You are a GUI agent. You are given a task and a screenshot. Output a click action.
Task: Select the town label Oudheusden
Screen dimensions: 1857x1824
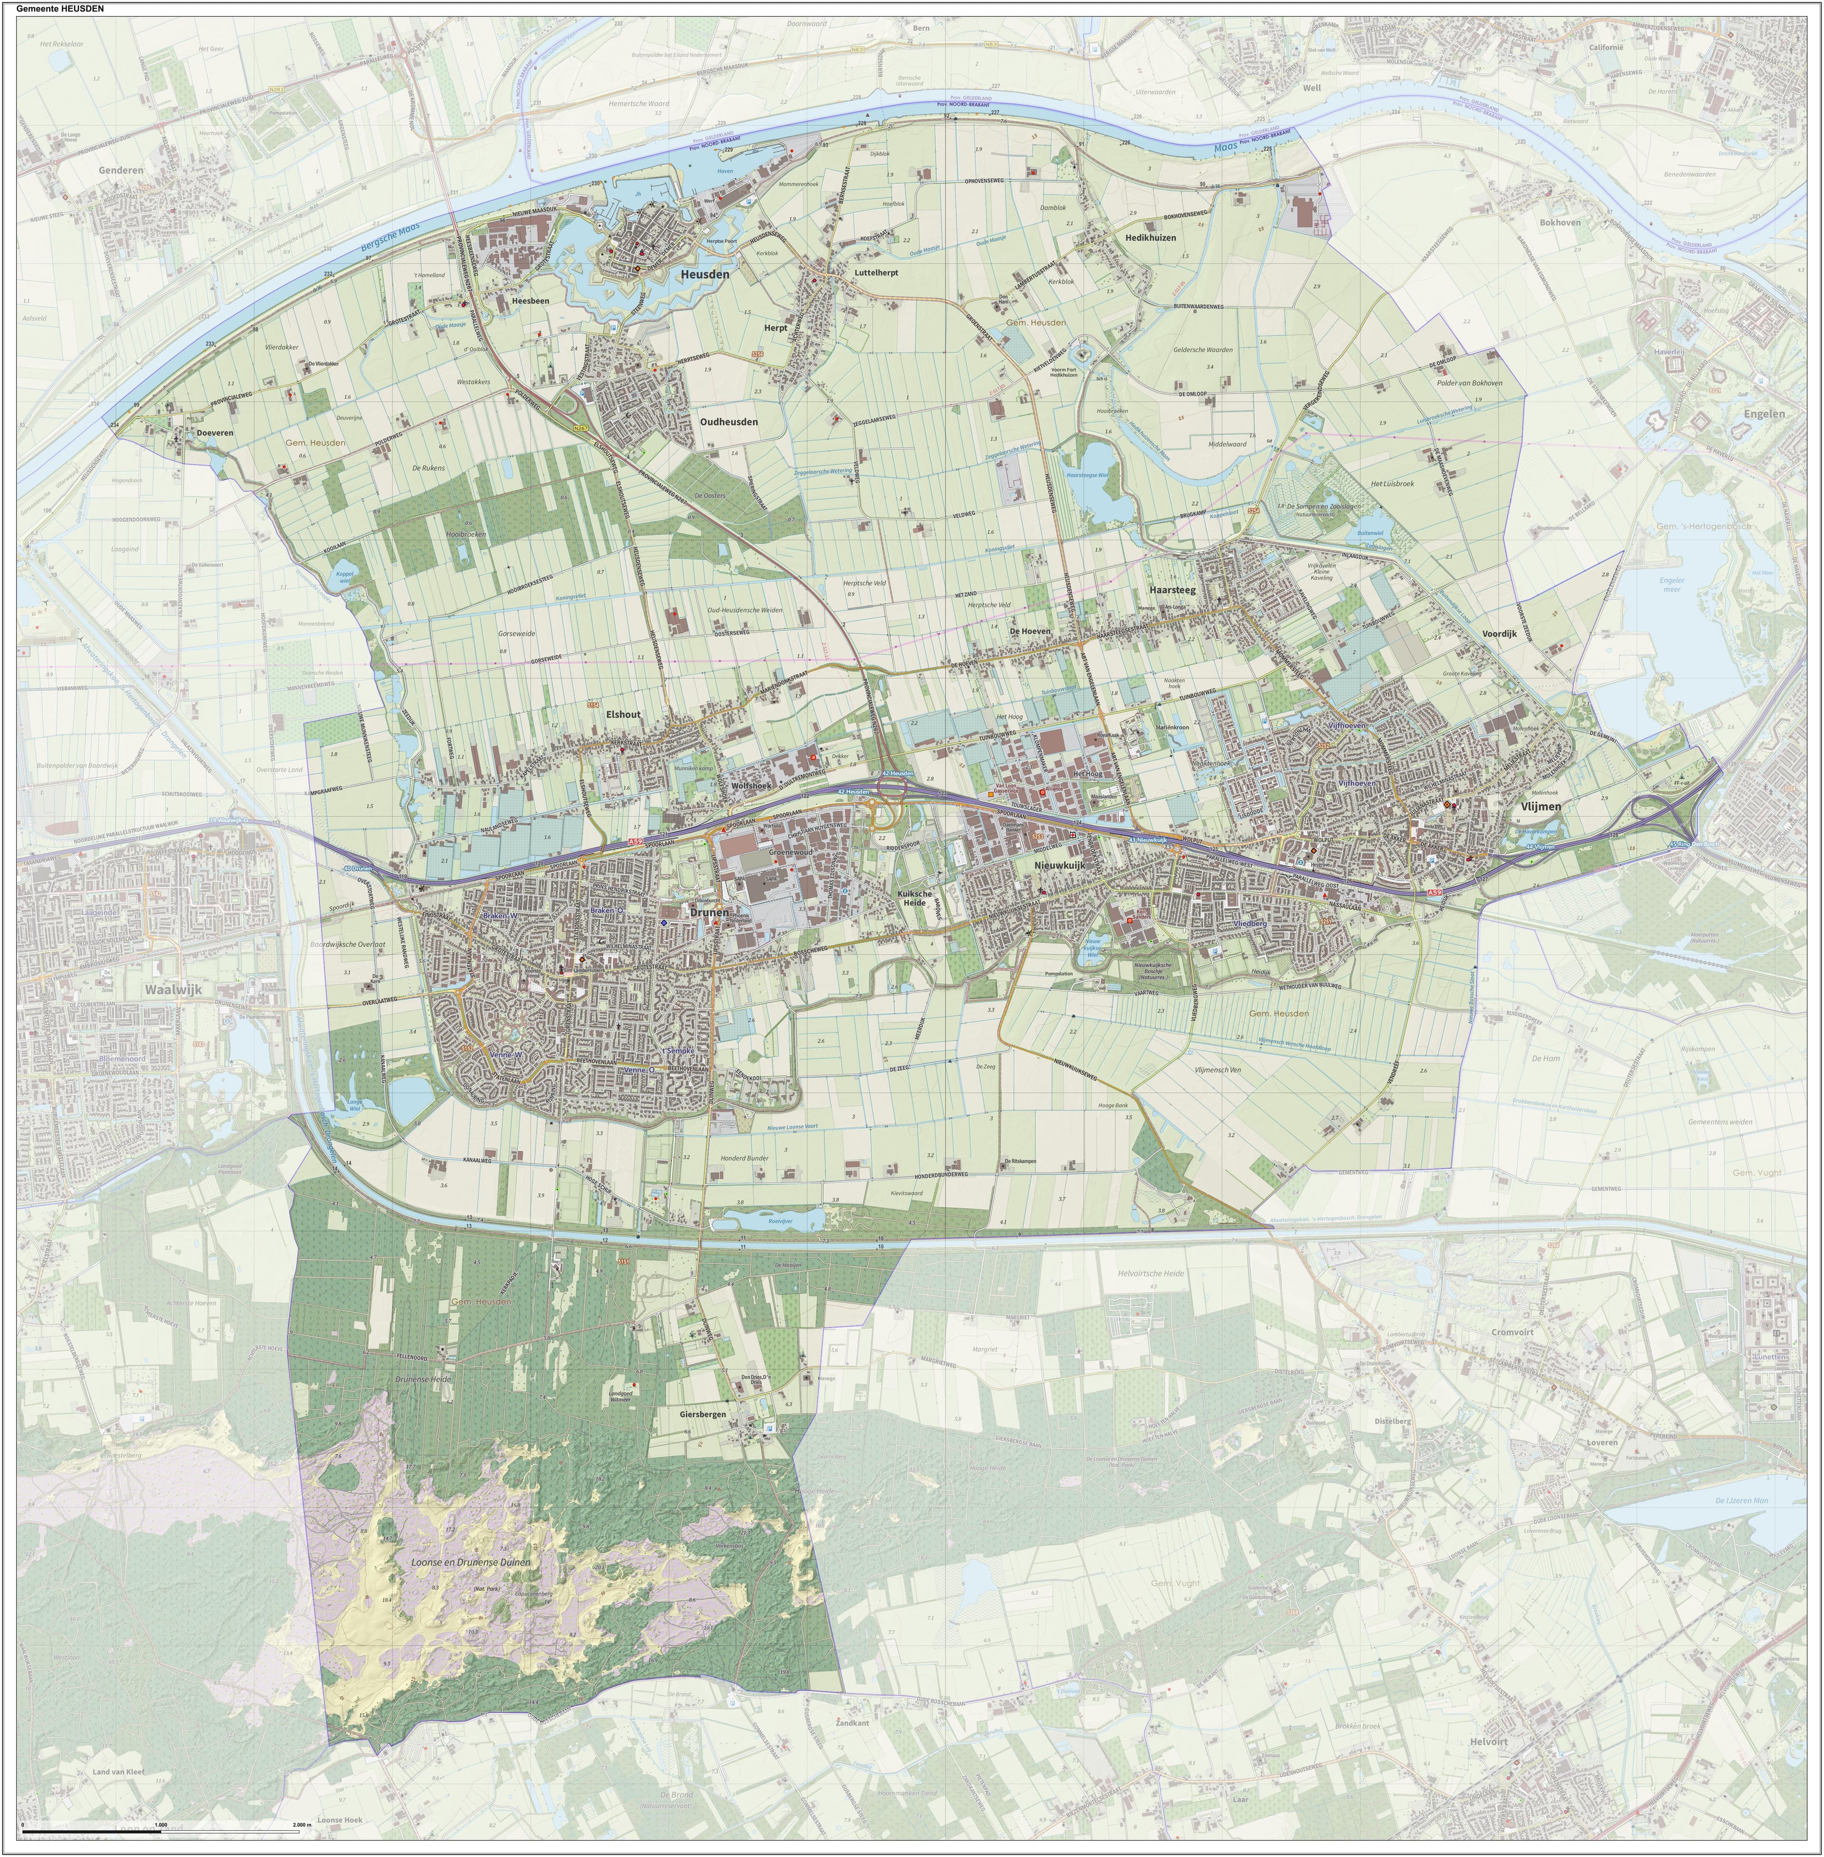(x=729, y=421)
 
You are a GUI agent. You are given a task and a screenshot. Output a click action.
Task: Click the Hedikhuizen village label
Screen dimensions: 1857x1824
(x=1150, y=237)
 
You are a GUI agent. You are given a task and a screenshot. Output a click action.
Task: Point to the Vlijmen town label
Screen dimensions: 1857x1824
(x=1539, y=806)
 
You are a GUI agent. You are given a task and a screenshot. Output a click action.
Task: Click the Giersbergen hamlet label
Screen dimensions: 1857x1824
(x=703, y=1414)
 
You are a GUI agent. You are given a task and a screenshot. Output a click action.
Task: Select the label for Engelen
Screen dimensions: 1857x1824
(x=1765, y=414)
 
